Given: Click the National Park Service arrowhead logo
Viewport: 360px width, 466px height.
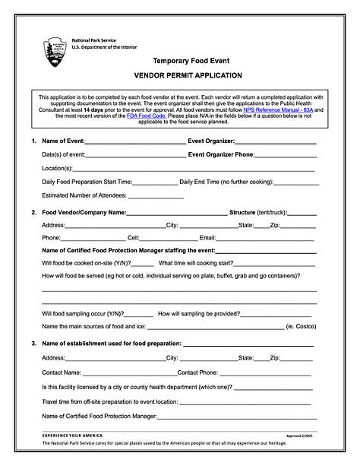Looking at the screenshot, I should [55, 51].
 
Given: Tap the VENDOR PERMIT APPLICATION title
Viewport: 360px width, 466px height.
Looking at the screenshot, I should [188, 75].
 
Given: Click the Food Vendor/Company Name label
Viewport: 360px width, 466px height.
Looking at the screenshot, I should [84, 212].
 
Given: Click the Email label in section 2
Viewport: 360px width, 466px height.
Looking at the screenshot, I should [207, 239].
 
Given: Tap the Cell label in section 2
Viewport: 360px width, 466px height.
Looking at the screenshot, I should [133, 239].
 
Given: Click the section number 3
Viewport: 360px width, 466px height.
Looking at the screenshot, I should [34, 344].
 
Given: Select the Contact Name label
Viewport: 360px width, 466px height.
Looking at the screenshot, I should [62, 372].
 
